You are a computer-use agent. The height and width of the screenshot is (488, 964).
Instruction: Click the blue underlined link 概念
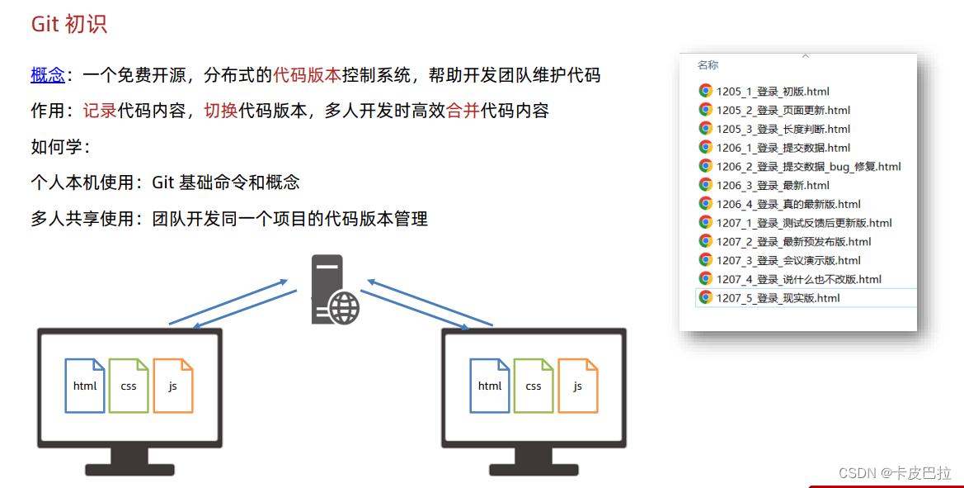click(x=48, y=76)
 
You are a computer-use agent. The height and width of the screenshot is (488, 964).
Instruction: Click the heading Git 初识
click(x=69, y=24)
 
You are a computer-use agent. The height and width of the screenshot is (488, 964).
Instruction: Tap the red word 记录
click(x=100, y=111)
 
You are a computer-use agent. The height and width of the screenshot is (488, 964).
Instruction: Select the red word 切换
click(x=221, y=111)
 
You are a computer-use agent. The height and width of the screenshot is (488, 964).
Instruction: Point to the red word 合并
click(x=463, y=111)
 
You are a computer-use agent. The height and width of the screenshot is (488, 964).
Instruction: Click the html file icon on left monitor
click(x=85, y=386)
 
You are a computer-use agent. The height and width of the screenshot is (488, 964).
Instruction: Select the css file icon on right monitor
click(x=534, y=386)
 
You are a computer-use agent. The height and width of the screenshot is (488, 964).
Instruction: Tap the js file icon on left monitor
click(x=172, y=386)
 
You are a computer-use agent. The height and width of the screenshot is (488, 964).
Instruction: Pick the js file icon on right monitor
click(x=577, y=386)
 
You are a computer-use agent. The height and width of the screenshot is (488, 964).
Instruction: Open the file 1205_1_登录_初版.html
click(x=772, y=92)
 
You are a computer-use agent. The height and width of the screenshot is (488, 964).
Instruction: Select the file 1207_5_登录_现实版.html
click(x=778, y=298)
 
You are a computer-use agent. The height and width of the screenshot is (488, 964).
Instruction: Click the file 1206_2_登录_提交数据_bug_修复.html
click(x=808, y=167)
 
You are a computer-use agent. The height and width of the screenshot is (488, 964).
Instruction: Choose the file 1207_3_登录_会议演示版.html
click(x=788, y=261)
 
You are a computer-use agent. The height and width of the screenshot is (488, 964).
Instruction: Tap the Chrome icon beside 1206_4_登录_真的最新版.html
click(x=705, y=204)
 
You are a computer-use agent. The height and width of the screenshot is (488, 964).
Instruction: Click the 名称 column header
click(x=708, y=65)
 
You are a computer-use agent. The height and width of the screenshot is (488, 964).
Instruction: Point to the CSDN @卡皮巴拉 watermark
click(x=894, y=473)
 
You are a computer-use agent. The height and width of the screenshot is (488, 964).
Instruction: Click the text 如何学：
click(x=60, y=147)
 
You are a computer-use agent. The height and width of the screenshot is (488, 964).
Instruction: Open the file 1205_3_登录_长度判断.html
click(x=783, y=130)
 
